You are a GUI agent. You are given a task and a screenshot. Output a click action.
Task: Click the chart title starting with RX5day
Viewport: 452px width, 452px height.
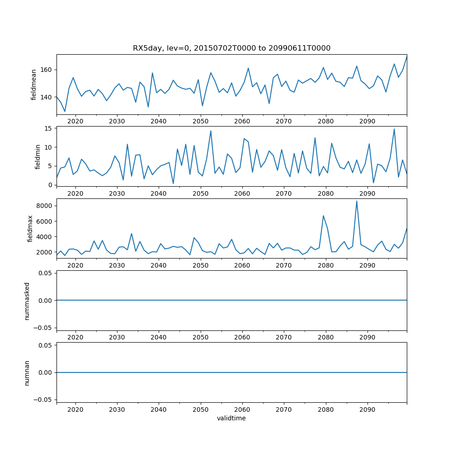pyautogui.click(x=231, y=48)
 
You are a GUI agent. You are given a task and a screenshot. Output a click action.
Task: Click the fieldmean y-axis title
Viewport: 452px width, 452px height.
pyautogui.click(x=33, y=85)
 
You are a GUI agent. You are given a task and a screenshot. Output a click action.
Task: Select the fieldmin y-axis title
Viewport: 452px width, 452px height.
pyautogui.click(x=38, y=156)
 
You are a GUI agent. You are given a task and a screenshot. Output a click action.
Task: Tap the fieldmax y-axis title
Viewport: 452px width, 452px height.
pyautogui.click(x=30, y=228)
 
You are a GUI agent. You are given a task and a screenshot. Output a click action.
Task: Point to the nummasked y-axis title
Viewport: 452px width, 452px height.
pyautogui.click(x=27, y=301)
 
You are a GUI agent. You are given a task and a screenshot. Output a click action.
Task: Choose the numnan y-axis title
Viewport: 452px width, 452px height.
pyautogui.click(x=27, y=372)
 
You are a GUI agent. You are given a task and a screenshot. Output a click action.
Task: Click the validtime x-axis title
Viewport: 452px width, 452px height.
pyautogui.click(x=231, y=419)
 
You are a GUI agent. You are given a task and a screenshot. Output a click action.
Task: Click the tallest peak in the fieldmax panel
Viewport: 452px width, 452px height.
pyautogui.click(x=357, y=201)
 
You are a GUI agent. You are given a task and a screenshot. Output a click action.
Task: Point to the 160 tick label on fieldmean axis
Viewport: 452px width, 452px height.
pyautogui.click(x=47, y=70)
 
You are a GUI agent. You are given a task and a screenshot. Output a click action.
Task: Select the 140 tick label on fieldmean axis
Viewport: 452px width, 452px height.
pyautogui.click(x=47, y=97)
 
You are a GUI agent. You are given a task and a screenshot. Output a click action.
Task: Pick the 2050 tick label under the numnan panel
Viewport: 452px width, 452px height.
pyautogui.click(x=200, y=410)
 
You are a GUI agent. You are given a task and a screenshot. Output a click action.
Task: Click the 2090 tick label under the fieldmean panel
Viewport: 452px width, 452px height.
pyautogui.click(x=367, y=122)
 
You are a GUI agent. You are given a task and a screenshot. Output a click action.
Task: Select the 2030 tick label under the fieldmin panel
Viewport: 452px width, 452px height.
pyautogui.click(x=117, y=193)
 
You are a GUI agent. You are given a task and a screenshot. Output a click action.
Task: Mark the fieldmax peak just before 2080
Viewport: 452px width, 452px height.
pyautogui.click(x=323, y=216)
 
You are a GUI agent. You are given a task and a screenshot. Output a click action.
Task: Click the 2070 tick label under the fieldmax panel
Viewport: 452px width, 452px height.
pyautogui.click(x=284, y=265)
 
